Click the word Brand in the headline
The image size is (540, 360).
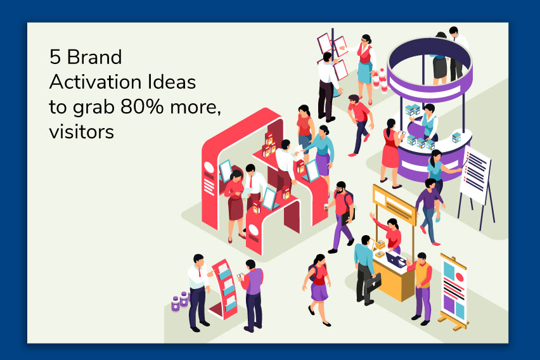click(95, 58)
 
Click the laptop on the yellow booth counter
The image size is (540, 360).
click(396, 259)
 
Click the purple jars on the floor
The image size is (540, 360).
click(179, 301)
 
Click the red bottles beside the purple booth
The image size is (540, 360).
click(378, 80)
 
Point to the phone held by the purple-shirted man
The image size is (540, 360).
click(240, 276)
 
